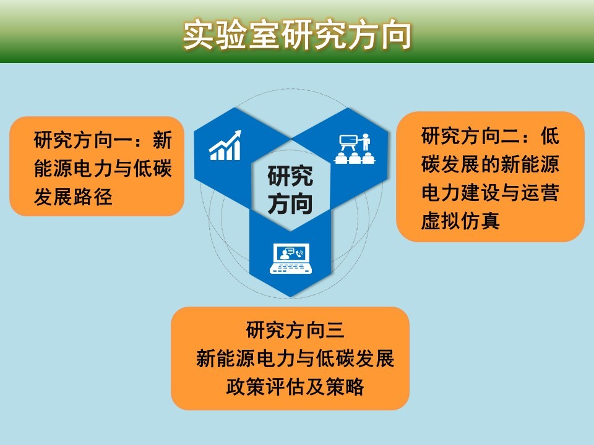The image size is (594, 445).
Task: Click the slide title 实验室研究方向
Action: [x=297, y=35]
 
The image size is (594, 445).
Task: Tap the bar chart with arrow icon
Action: [x=225, y=145]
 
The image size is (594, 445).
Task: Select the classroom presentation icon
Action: [x=355, y=148]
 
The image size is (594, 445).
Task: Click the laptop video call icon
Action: [x=291, y=258]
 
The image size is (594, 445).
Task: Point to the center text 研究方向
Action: [x=290, y=190]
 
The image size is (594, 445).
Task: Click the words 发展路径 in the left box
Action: [x=73, y=197]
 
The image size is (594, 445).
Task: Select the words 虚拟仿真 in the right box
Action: [x=460, y=221]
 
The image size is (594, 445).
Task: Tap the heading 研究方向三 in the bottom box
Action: [x=295, y=329]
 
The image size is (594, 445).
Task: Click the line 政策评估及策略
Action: [x=295, y=386]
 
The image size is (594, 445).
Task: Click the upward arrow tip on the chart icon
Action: [x=239, y=132]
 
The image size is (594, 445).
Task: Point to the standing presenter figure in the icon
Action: [x=366, y=142]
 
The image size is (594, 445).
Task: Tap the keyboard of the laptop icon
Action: [x=291, y=268]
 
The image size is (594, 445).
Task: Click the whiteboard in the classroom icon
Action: [x=348, y=140]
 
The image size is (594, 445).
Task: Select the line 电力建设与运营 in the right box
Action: [x=490, y=193]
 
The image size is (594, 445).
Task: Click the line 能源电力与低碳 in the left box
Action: [x=103, y=168]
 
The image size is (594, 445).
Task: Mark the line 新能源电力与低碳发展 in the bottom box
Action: [x=295, y=358]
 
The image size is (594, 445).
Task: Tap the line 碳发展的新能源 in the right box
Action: [x=490, y=164]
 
